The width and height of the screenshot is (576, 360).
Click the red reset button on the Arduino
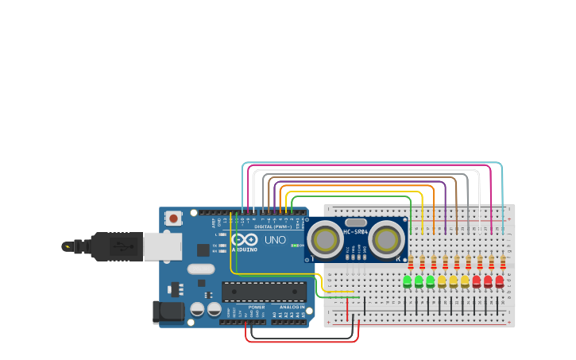point(172,217)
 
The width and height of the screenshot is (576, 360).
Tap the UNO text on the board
point(275,240)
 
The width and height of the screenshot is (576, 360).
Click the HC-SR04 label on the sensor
point(355,232)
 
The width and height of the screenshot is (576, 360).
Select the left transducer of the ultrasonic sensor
point(325,238)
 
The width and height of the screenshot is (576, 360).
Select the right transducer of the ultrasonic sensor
point(386,238)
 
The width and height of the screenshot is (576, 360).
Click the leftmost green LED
point(408,281)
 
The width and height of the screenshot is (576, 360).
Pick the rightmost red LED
point(500,281)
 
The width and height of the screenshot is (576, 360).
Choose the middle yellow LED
point(454,281)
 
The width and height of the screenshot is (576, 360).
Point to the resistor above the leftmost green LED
point(411,262)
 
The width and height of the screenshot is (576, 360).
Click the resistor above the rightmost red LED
point(503,262)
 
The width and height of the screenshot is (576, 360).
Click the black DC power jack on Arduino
point(168,312)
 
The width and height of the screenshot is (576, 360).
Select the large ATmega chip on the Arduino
point(264,292)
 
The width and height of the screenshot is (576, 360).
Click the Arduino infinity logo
point(245,240)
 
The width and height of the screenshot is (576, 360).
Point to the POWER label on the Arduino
point(257,307)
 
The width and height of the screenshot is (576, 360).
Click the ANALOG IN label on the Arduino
point(292,307)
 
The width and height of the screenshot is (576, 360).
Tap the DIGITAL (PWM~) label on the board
point(273,226)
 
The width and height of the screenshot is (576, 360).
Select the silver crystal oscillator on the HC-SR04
point(356,223)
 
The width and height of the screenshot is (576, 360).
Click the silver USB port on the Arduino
point(162,246)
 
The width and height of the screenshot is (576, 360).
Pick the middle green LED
point(419,281)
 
